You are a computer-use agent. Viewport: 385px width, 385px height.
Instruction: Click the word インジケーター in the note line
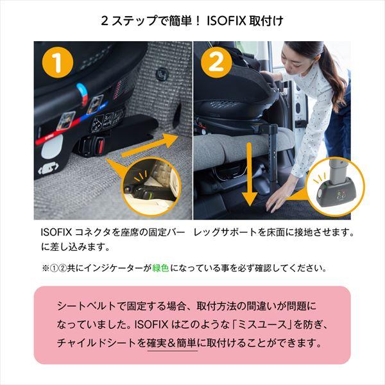(115, 267)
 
